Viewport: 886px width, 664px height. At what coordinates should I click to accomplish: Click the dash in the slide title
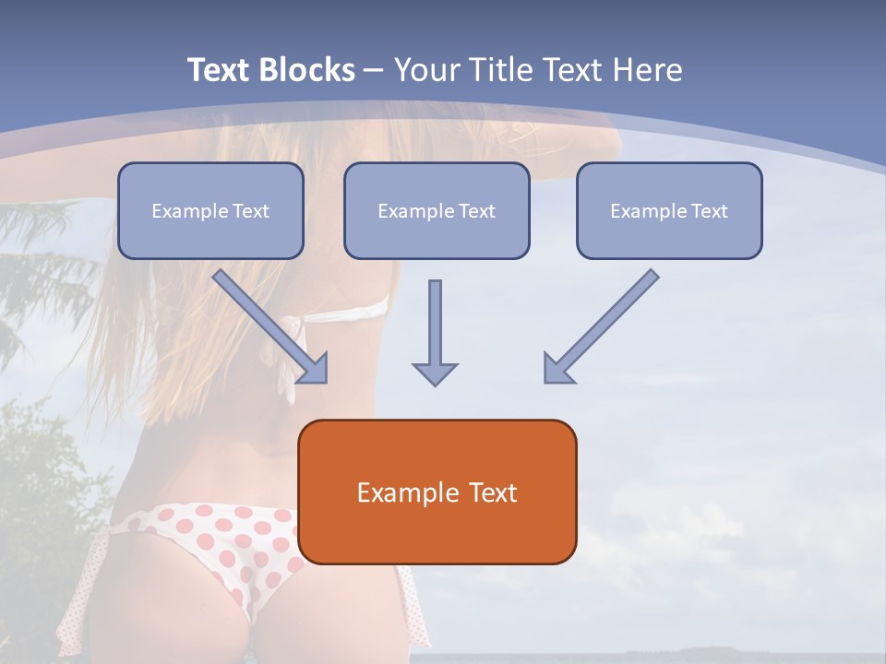[x=374, y=71]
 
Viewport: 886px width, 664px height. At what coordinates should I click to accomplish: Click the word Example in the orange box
[x=401, y=492]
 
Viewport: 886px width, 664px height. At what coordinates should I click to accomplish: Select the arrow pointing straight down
[x=435, y=332]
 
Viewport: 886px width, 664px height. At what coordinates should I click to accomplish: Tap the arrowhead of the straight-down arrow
[x=435, y=373]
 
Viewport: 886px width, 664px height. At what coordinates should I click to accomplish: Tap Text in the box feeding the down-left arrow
[x=709, y=211]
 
